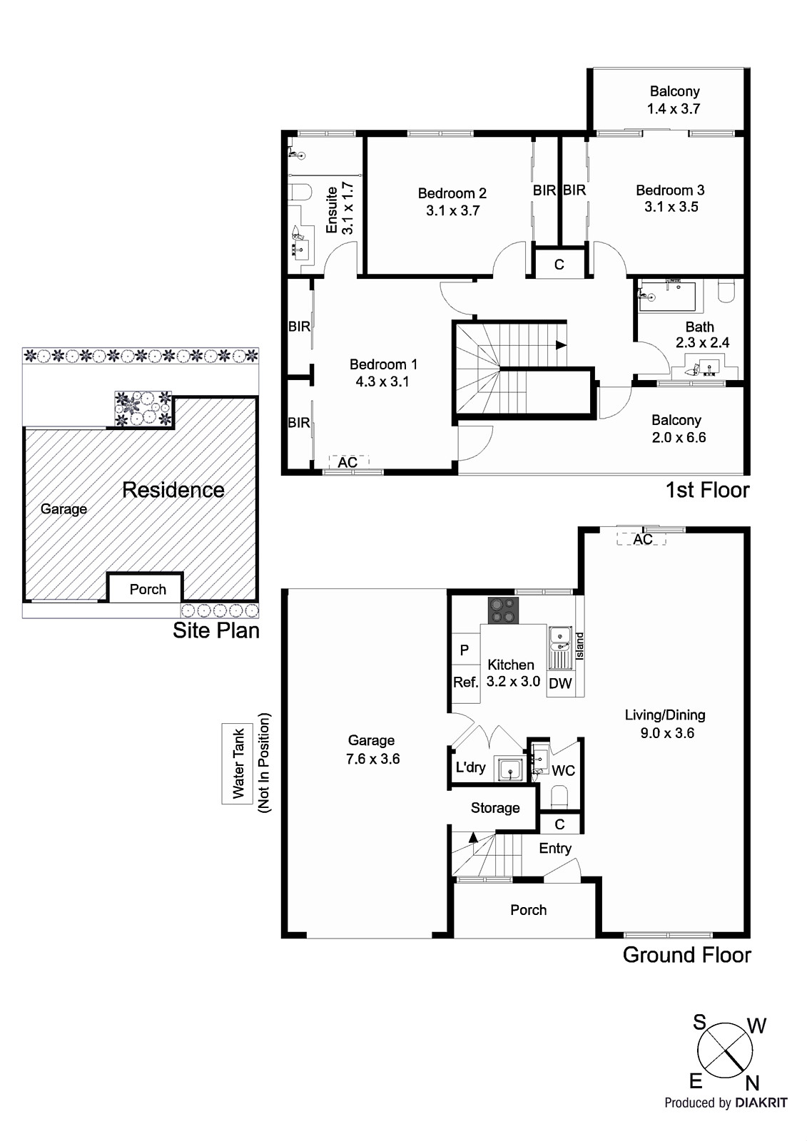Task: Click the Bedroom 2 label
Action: (x=452, y=193)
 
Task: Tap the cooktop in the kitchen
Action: (x=503, y=610)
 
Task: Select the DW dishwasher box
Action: (x=561, y=683)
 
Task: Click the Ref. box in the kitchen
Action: (x=465, y=682)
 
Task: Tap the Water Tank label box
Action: (x=238, y=763)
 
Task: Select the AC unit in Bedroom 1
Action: (x=347, y=462)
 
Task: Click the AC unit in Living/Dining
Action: (x=642, y=539)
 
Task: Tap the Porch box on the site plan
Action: (x=147, y=589)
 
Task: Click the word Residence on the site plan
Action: (x=173, y=490)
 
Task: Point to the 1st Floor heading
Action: (x=706, y=490)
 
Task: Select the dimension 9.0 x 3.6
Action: (x=665, y=733)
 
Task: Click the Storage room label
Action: (x=494, y=808)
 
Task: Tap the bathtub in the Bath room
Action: (x=667, y=296)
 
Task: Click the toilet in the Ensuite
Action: (x=300, y=193)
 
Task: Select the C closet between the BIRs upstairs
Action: (x=559, y=265)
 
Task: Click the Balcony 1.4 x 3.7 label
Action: (x=674, y=100)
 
